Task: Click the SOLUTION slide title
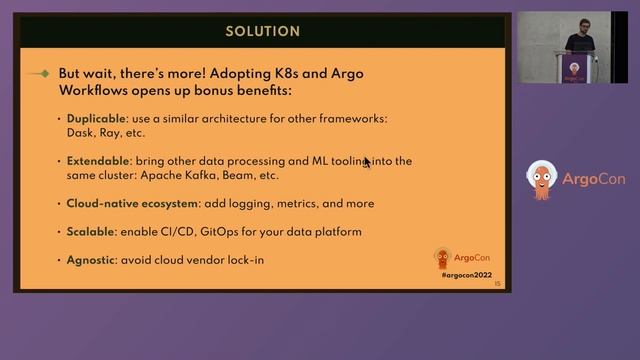coord(262,31)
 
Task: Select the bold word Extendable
coord(97,161)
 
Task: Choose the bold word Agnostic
coord(91,260)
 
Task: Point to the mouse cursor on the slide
coord(367,161)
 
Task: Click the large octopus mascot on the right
coord(542,180)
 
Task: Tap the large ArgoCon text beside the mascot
coord(593,180)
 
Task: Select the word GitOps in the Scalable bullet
coord(221,232)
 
